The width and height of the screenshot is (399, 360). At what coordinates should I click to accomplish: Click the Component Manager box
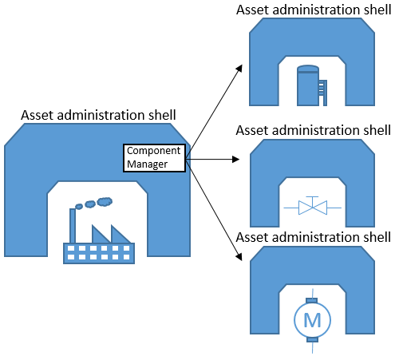point(154,158)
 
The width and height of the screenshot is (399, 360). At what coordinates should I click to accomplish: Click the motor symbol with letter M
point(312,320)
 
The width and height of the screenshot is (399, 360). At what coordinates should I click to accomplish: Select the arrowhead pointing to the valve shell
point(236,160)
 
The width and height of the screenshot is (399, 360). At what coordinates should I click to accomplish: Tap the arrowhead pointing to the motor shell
point(238,257)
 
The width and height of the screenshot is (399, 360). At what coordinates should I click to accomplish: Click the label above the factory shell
point(99,117)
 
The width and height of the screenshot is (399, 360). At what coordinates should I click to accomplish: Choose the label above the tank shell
point(314,9)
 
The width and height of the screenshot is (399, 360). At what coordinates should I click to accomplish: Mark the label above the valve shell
point(314,129)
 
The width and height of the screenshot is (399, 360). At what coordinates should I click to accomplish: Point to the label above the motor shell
point(314,237)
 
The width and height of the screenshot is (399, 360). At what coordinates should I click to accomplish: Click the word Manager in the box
point(147,165)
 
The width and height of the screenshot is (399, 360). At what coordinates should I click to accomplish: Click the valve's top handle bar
point(312,196)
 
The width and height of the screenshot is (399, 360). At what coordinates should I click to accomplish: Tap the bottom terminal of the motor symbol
point(312,339)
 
